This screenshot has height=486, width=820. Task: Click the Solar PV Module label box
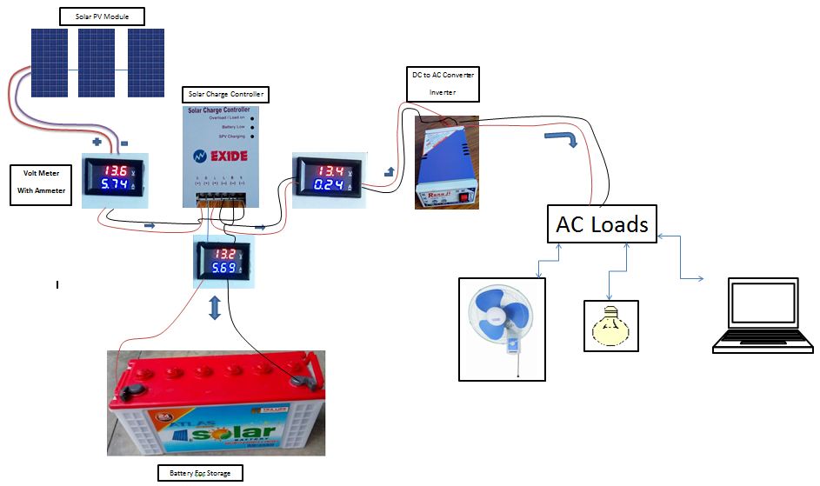pos(102,16)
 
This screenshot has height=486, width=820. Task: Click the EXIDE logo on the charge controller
pos(219,157)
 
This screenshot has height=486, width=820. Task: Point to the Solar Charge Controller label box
pos(224,94)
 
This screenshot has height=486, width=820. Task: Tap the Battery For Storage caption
pos(199,473)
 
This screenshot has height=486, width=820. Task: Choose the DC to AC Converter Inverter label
pos(443,83)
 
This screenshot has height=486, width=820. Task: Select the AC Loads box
pos(602,225)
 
